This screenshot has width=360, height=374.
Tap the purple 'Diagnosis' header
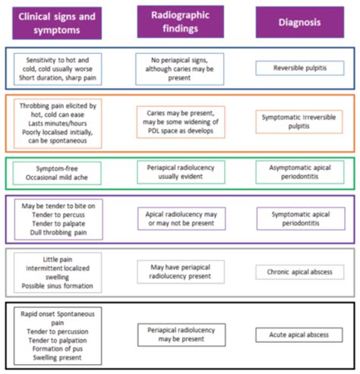[x=298, y=21]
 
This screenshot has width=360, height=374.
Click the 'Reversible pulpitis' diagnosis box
[x=298, y=68]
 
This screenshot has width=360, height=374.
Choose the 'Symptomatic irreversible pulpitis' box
[x=298, y=121]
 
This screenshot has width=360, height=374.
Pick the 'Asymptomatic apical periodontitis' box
[x=298, y=171]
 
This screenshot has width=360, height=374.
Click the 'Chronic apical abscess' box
[x=298, y=272]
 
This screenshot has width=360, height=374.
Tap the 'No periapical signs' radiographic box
[x=180, y=68]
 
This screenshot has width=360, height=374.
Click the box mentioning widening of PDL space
[x=180, y=121]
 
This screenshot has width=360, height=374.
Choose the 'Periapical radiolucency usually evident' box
[x=180, y=171]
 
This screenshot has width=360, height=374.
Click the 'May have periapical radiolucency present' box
[x=180, y=272]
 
